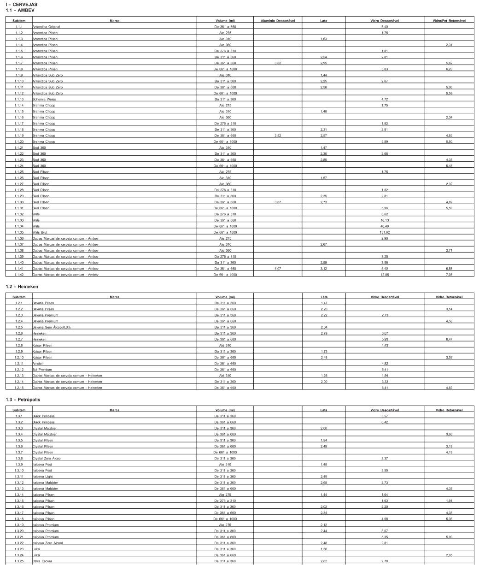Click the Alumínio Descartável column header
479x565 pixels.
coord(278,21)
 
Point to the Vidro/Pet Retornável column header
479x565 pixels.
coord(449,21)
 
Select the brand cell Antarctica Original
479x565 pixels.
coord(46,27)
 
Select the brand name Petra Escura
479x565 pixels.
coord(41,560)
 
